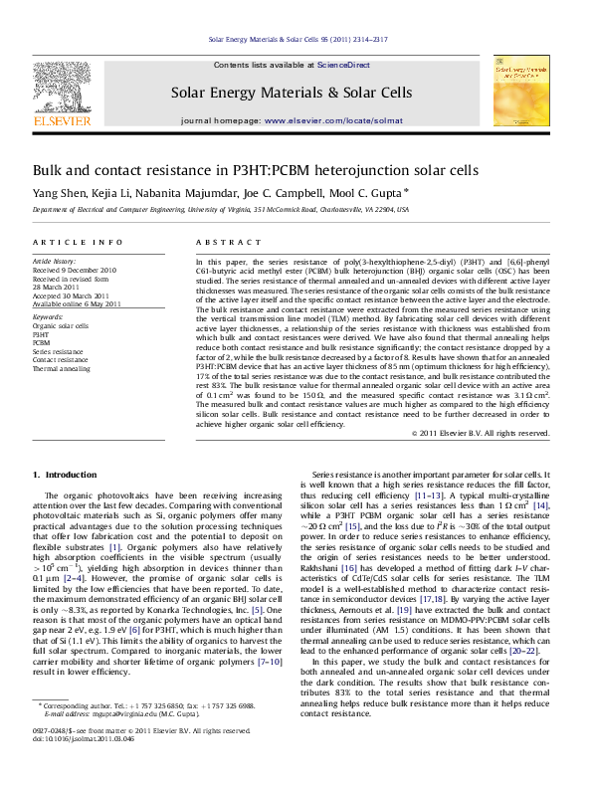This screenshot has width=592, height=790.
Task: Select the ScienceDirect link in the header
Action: point(343,64)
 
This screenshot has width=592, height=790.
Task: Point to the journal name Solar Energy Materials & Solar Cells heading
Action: point(292,93)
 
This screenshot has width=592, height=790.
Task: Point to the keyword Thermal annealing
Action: point(61,368)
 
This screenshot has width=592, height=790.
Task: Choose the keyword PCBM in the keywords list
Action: point(43,343)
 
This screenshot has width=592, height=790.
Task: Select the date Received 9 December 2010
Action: point(75,271)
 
